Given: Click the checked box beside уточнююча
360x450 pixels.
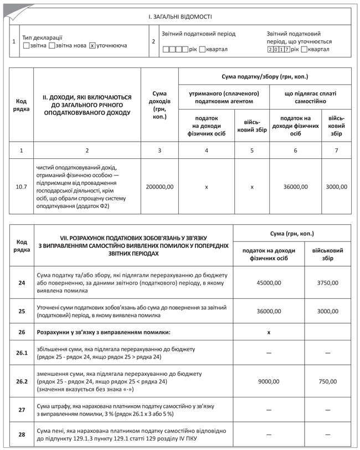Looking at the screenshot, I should pyautogui.click(x=92, y=45).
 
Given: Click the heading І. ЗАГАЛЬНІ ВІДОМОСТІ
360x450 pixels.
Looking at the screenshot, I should pyautogui.click(x=180, y=17).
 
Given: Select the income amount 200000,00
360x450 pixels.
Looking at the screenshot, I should pyautogui.click(x=160, y=187).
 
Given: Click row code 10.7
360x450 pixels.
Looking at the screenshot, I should pyautogui.click(x=22, y=187).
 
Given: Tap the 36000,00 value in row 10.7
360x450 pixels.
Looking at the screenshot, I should pyautogui.click(x=295, y=187).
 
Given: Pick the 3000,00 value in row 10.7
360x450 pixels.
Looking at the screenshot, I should pyautogui.click(x=336, y=187).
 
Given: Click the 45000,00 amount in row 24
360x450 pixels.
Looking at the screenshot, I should pyautogui.click(x=269, y=283).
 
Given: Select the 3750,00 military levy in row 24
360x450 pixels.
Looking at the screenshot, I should pyautogui.click(x=327, y=283).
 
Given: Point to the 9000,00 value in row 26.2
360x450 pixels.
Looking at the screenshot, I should pyautogui.click(x=269, y=381).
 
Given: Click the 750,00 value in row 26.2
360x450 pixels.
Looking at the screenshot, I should pyautogui.click(x=327, y=381).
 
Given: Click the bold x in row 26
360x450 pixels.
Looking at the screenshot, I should pyautogui.click(x=269, y=333).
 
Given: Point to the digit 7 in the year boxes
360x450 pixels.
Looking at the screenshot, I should pyautogui.click(x=287, y=50).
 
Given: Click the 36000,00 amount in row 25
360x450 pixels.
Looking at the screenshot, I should pyautogui.click(x=269, y=312).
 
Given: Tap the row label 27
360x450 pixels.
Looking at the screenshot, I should pyautogui.click(x=22, y=410).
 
